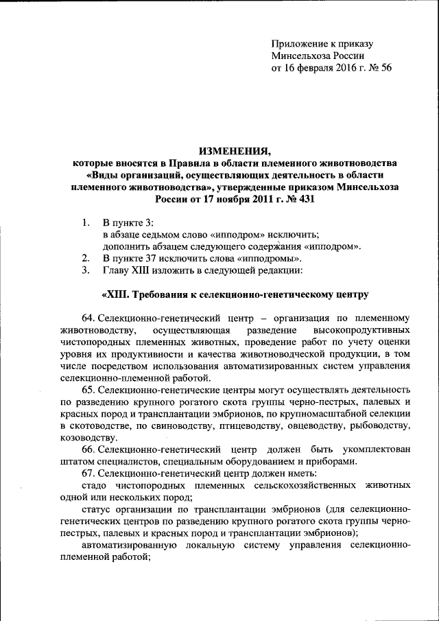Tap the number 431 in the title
pyautogui.click(x=306, y=199)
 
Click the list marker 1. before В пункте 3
pyautogui.click(x=85, y=222)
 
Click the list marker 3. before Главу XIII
pyautogui.click(x=85, y=270)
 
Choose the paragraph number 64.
pyautogui.click(x=88, y=318)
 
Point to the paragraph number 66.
pyautogui.click(x=88, y=449)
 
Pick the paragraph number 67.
pyautogui.click(x=88, y=473)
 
